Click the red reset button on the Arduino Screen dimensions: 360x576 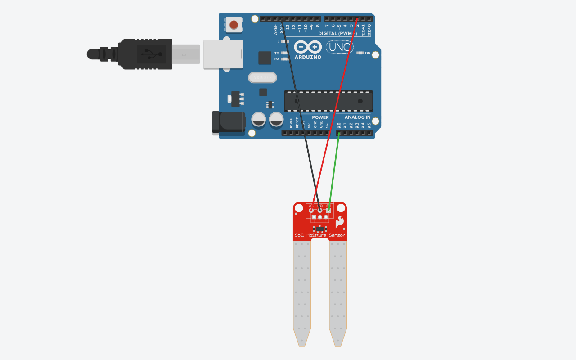coord(234,25)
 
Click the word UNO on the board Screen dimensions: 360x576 coord(339,47)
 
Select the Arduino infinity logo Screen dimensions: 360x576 coord(308,47)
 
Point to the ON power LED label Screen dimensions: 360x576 coord(368,53)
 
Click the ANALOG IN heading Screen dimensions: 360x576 coord(357,117)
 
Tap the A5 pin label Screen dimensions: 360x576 coord(369,126)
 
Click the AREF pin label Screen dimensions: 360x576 coord(276,30)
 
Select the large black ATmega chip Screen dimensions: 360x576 coord(328,101)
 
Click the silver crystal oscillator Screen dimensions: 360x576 coord(262,78)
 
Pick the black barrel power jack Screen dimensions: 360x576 coord(229,123)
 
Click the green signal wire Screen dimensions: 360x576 coord(334,171)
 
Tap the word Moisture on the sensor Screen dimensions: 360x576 coord(316,235)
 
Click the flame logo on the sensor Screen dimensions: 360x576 coord(339,221)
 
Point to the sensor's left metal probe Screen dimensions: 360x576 coord(302,292)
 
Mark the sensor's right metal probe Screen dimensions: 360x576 coord(338,292)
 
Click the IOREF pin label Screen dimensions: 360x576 coord(291,123)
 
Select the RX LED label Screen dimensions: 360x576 coord(277,59)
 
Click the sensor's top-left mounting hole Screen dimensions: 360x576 coord(299,208)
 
